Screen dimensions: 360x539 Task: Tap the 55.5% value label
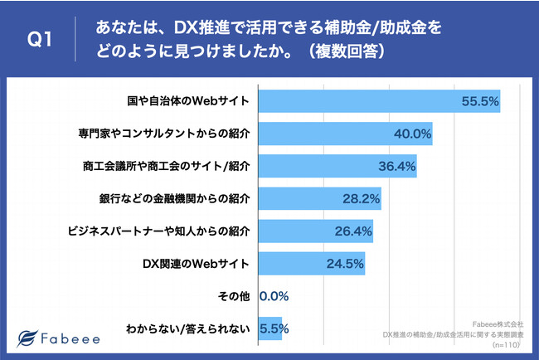(479, 101)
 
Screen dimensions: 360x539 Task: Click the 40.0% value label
(412, 134)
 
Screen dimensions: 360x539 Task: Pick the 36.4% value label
(396, 166)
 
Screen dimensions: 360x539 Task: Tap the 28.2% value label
(362, 199)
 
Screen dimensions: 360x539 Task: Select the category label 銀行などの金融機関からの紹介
(172, 199)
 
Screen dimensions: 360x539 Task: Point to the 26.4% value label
(353, 231)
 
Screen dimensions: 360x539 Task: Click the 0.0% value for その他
(274, 296)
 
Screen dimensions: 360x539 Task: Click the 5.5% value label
(274, 328)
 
